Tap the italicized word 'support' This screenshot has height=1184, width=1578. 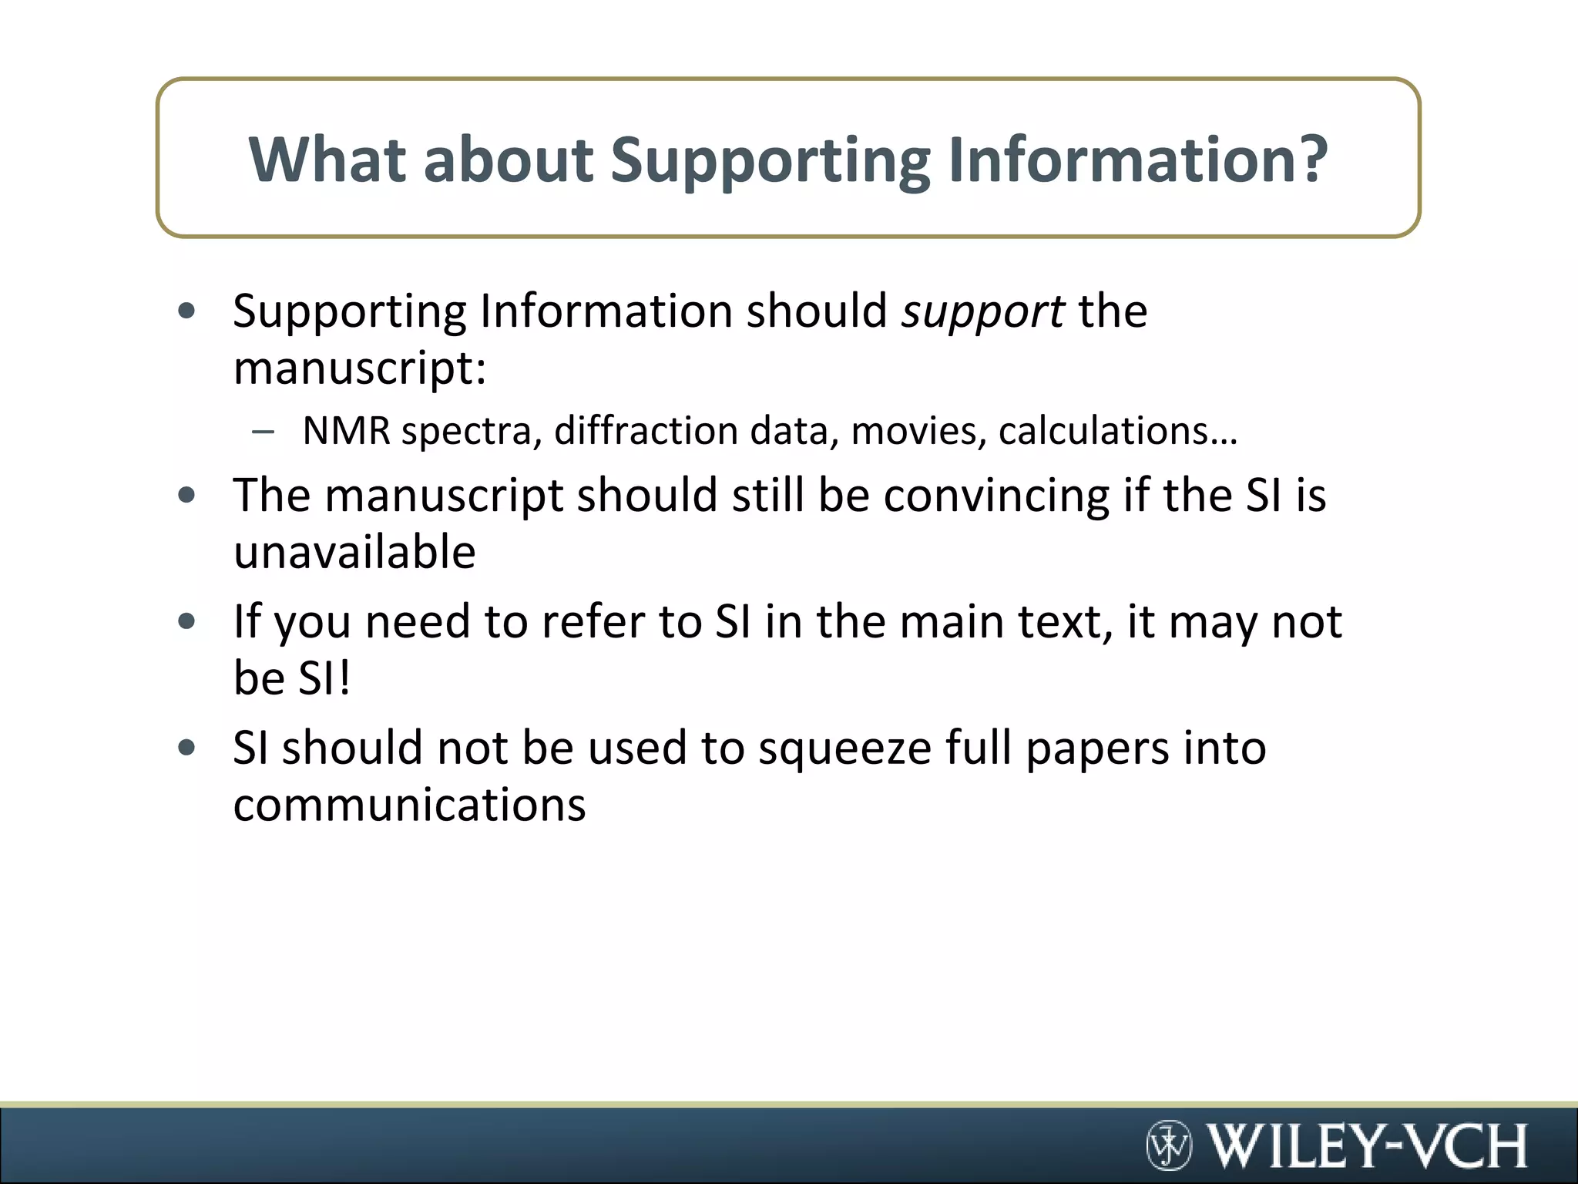pyautogui.click(x=983, y=312)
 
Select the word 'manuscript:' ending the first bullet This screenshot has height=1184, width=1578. pyautogui.click(x=360, y=369)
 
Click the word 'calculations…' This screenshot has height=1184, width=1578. pyautogui.click(x=1118, y=430)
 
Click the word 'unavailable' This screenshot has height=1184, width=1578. pyautogui.click(x=354, y=552)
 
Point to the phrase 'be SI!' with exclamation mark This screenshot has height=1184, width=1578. pyautogui.click(x=292, y=678)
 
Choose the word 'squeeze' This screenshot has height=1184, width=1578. pyautogui.click(x=844, y=748)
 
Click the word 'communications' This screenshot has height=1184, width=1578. pyautogui.click(x=409, y=805)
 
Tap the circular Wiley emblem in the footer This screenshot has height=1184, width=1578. pyautogui.click(x=1169, y=1145)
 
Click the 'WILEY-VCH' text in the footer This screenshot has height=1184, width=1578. pyautogui.click(x=1366, y=1145)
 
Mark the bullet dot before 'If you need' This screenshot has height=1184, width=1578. pyautogui.click(x=186, y=621)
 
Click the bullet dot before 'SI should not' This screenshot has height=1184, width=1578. pyautogui.click(x=186, y=748)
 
